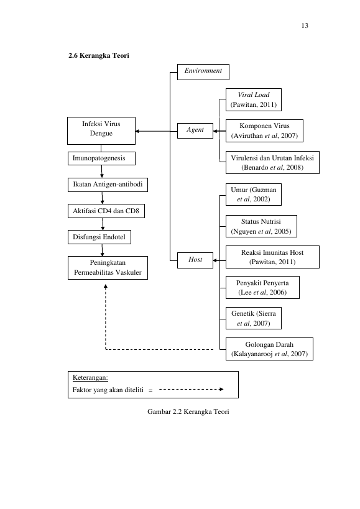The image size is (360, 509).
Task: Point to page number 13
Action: coord(305,26)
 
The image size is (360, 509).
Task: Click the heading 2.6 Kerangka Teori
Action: coord(99,55)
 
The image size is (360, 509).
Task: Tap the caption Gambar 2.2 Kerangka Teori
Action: coord(188,411)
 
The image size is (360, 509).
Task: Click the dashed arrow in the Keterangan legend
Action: coord(192,389)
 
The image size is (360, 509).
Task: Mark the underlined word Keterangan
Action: coord(90,378)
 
